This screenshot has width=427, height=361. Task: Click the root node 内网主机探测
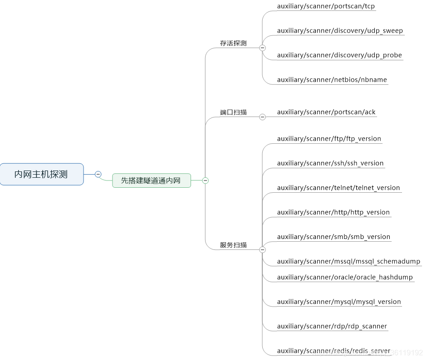(x=41, y=174)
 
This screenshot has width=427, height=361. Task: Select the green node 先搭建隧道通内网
(x=151, y=180)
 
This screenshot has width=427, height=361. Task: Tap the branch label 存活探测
(x=233, y=44)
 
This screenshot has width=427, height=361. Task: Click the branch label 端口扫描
(x=233, y=112)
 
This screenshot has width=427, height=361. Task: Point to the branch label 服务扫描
(x=233, y=245)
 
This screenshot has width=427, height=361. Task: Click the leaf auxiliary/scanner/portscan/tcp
(x=326, y=6)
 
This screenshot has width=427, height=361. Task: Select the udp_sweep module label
(x=340, y=31)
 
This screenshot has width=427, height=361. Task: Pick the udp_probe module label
(x=339, y=55)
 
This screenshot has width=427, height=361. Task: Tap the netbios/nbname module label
(x=332, y=80)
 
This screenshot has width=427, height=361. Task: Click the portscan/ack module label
(x=326, y=112)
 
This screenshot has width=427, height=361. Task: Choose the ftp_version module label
(x=329, y=139)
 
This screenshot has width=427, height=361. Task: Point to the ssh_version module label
(x=330, y=163)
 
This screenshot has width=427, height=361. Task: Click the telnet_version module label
(x=339, y=188)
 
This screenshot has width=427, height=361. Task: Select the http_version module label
(x=333, y=212)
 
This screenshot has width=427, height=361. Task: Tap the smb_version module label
(x=334, y=237)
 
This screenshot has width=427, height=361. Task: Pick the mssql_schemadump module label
(x=348, y=262)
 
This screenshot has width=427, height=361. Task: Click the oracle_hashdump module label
(x=345, y=277)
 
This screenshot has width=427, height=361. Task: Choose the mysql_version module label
(x=339, y=302)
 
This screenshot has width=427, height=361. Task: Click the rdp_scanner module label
(x=332, y=326)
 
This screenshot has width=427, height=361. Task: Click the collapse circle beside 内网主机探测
(x=98, y=174)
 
